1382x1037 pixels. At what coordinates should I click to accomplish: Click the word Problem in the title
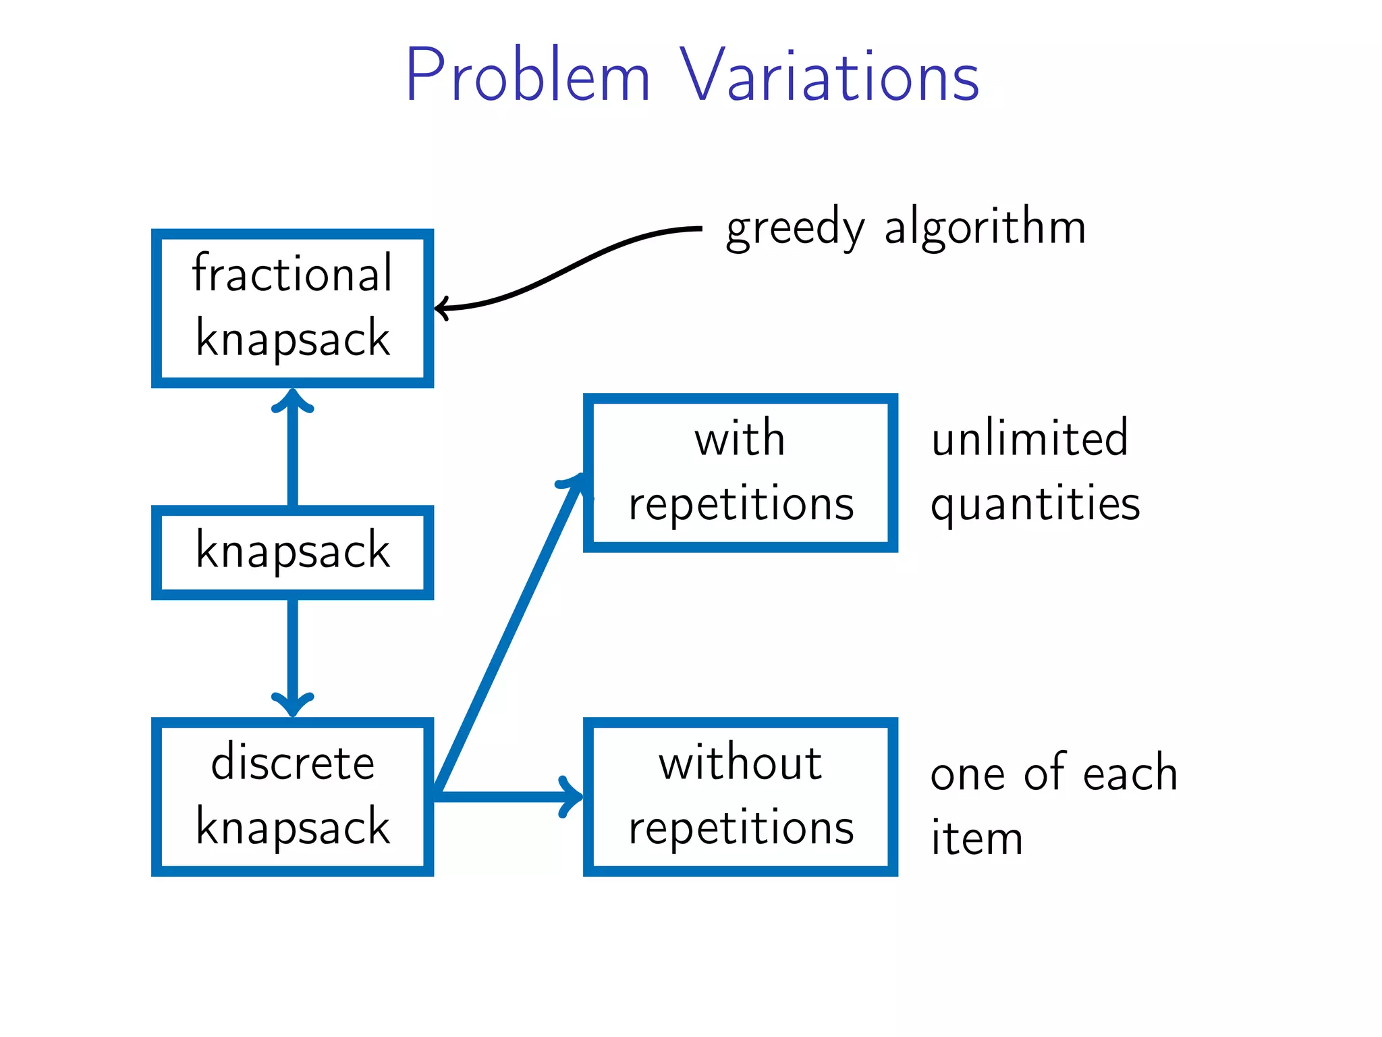(x=527, y=76)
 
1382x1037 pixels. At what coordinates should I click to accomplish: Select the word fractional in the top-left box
(x=292, y=273)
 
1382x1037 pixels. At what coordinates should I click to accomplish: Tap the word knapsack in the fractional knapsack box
(x=292, y=338)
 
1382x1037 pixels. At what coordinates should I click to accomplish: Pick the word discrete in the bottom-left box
(x=292, y=763)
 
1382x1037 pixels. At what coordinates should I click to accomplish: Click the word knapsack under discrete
(x=292, y=827)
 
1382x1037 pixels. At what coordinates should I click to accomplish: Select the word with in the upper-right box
(x=740, y=439)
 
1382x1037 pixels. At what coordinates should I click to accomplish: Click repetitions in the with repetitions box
(x=741, y=504)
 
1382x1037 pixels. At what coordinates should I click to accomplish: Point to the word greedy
(x=794, y=228)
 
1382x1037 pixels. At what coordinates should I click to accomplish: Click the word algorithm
(x=985, y=227)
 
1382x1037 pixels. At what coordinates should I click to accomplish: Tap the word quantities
(x=1035, y=504)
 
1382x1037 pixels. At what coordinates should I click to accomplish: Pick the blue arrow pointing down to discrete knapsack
(x=292, y=655)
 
